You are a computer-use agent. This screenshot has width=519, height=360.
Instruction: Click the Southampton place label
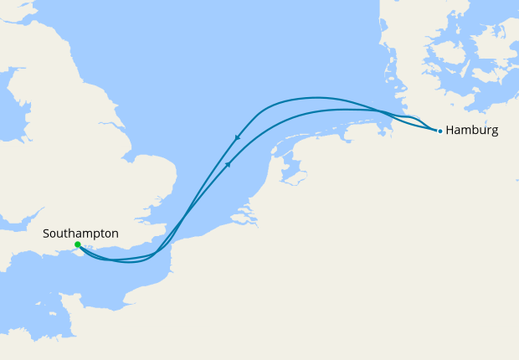click(x=80, y=234)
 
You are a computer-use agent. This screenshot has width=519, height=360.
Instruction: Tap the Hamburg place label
click(x=472, y=131)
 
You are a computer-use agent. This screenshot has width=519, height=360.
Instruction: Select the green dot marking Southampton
click(x=77, y=245)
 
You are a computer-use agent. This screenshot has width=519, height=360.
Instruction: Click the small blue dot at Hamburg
click(x=439, y=131)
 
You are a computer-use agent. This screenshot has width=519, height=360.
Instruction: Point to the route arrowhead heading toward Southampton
click(x=238, y=138)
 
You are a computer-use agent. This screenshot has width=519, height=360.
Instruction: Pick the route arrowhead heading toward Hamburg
click(x=227, y=165)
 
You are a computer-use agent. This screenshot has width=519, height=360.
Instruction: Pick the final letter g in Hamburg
click(x=495, y=132)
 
